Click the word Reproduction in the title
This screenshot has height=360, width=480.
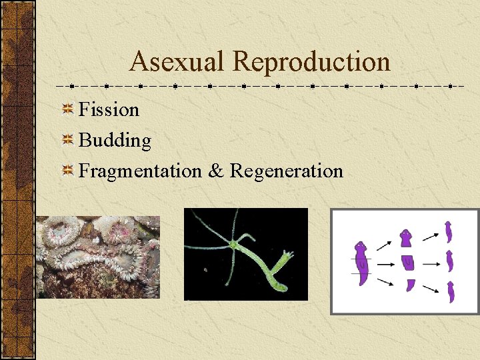311,61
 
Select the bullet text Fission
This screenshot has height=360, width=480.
109,109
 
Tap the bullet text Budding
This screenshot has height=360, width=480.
115,141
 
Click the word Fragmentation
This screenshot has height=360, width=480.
140,171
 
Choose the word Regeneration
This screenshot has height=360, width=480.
286,171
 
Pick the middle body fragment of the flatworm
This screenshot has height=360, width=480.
406,262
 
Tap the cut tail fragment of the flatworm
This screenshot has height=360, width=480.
410,285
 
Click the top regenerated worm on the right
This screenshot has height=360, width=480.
449,232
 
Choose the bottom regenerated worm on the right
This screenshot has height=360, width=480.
451,292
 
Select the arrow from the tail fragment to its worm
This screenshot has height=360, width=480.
431,289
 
